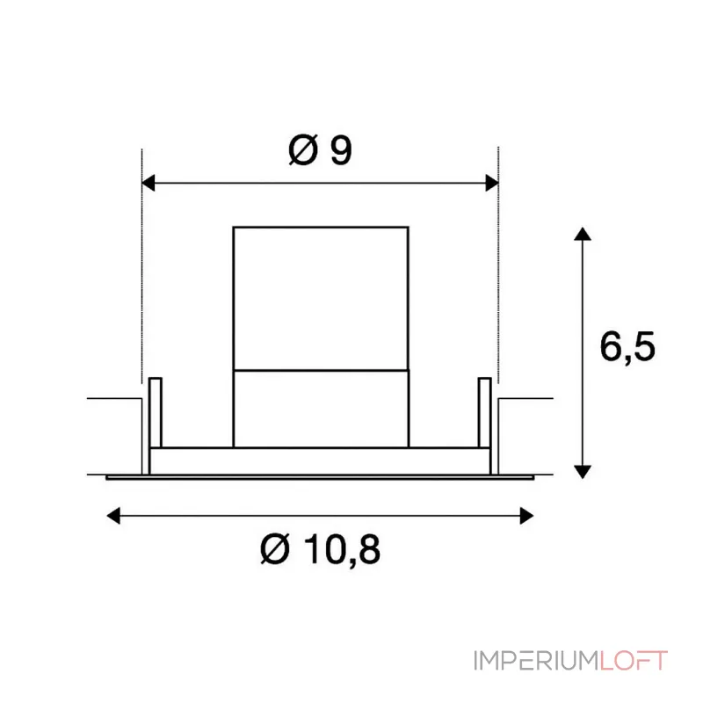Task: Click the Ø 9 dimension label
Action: pyautogui.click(x=320, y=149)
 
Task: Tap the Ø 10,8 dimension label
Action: pyautogui.click(x=320, y=549)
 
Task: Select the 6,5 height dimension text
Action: pyautogui.click(x=627, y=346)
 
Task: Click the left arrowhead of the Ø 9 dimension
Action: pyautogui.click(x=149, y=183)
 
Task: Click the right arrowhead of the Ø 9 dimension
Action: pyautogui.click(x=492, y=183)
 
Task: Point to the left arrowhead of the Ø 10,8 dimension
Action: pyautogui.click(x=113, y=516)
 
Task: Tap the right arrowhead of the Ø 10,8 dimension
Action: pyautogui.click(x=526, y=516)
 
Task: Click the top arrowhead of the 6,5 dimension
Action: pyautogui.click(x=583, y=234)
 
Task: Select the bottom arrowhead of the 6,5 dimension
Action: pyautogui.click(x=583, y=472)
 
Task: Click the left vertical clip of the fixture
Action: pyautogui.click(x=156, y=412)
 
